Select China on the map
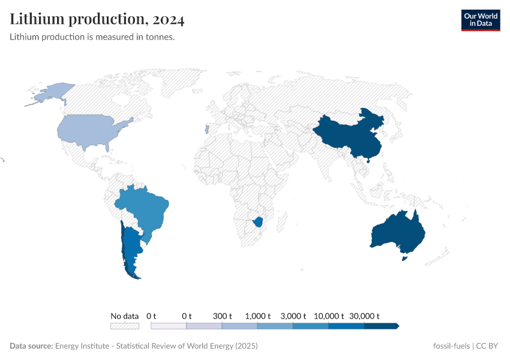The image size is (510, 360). (345, 135)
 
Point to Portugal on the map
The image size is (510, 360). (206, 129)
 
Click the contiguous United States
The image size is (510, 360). (90, 129)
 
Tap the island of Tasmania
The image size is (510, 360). (404, 259)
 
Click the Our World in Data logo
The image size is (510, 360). (480, 20)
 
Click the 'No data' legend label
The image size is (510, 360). (124, 316)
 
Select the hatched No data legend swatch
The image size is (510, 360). (124, 326)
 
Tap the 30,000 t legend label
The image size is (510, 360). (365, 316)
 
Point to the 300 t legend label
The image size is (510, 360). (222, 316)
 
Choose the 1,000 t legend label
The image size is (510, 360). (257, 316)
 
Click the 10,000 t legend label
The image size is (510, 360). (329, 316)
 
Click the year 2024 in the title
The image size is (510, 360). (169, 20)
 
